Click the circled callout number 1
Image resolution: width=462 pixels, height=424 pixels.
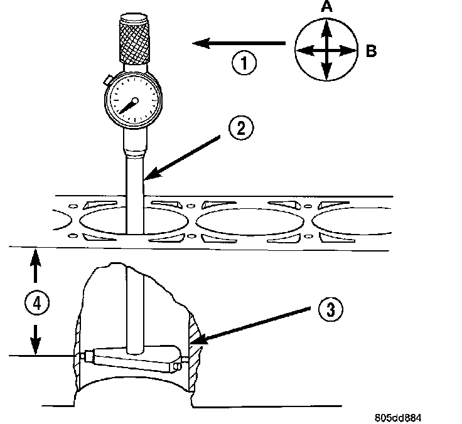(x=244, y=64)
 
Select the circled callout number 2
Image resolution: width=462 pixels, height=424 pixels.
(x=241, y=130)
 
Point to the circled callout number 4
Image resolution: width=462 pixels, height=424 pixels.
(x=36, y=304)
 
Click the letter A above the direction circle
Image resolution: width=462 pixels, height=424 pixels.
(x=326, y=8)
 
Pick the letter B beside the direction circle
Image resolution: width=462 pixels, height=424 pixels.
(x=371, y=51)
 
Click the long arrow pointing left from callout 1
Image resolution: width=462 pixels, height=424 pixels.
(x=239, y=43)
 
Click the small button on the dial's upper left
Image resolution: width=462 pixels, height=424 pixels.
(x=107, y=80)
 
